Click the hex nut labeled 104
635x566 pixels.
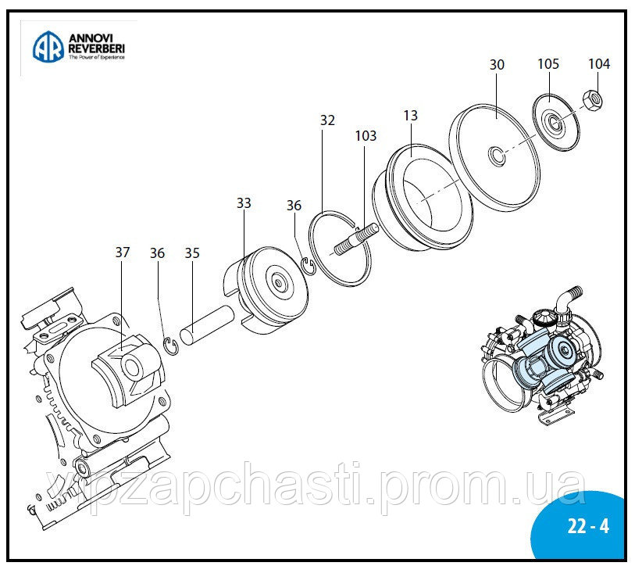tap(595, 100)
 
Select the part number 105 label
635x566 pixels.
tap(548, 64)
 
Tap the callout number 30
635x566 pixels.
tap(498, 65)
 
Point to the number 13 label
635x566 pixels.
tap(411, 116)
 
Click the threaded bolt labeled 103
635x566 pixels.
tap(356, 239)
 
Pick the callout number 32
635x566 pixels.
tap(327, 120)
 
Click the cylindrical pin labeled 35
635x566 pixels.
tap(208, 321)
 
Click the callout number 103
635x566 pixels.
tap(366, 136)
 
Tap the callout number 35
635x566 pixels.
tap(193, 253)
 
